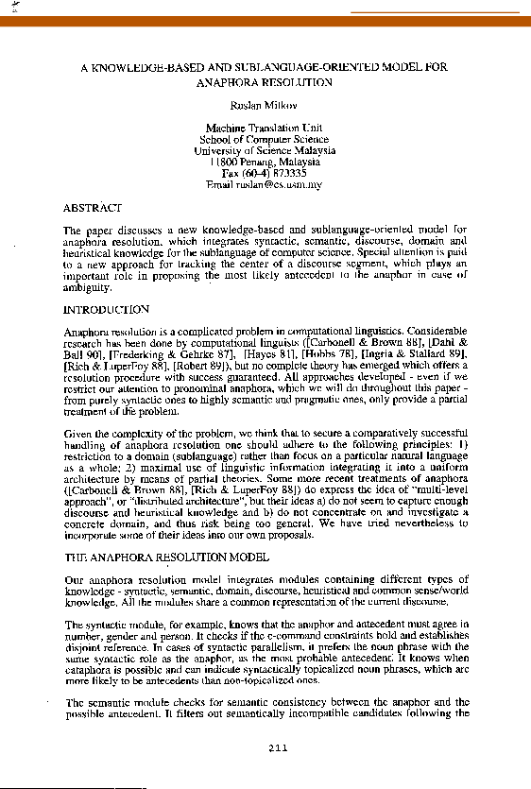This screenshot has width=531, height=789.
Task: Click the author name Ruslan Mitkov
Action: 264,107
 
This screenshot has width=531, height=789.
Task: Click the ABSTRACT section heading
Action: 92,207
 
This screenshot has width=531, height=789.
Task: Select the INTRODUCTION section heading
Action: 106,309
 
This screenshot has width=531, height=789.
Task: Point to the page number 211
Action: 277,748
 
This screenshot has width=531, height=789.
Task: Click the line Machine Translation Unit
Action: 264,128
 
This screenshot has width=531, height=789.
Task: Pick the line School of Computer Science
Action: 264,139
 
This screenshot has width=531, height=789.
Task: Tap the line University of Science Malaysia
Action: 264,150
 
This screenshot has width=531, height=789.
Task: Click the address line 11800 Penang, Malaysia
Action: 264,162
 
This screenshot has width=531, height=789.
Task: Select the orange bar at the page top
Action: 265,19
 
